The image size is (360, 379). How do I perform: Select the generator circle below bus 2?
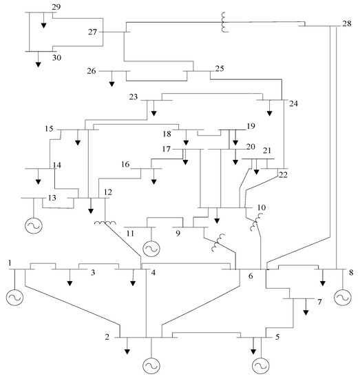coord(151,365)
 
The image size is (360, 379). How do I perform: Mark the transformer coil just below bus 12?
coord(104,223)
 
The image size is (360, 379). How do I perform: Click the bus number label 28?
coord(346,23)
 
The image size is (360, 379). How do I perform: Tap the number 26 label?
coord(92,71)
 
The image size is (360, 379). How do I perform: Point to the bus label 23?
coord(134,97)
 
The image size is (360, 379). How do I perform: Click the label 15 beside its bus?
coord(49,129)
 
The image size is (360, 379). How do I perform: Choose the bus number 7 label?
coord(319,302)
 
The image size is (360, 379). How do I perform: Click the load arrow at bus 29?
coord(43,24)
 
